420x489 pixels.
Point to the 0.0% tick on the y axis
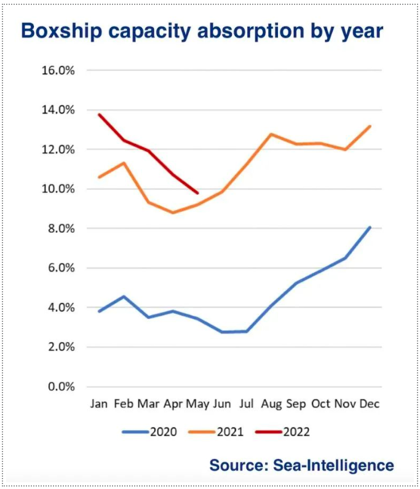60,386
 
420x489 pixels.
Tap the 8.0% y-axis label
60,229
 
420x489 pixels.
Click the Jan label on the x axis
99,404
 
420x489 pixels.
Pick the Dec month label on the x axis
370,404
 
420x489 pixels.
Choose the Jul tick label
246,404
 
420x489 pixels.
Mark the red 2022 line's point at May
197,193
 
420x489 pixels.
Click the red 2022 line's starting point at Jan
99,114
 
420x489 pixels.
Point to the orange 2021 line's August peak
271,134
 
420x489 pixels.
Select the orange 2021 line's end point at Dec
370,126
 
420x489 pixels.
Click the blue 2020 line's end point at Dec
370,227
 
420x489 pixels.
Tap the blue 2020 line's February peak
124,297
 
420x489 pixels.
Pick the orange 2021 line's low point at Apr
173,213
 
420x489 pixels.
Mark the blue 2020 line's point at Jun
222,332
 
